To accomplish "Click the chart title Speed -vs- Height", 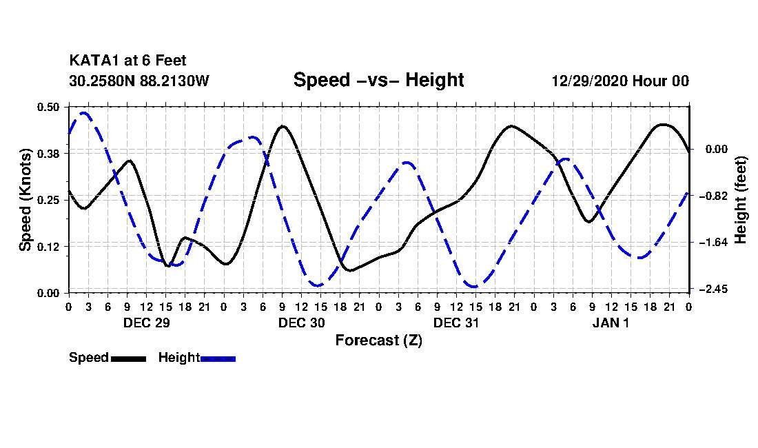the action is tap(378, 80).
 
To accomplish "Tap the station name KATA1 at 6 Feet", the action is tap(127, 61).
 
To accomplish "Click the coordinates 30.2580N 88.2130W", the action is tap(139, 81).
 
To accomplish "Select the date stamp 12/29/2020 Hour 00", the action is tap(620, 81).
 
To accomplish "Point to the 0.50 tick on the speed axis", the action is tap(48, 107).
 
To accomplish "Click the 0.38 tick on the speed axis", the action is tap(48, 154).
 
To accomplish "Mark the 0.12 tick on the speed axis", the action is tap(48, 247).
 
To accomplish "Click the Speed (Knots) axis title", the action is tap(25, 200).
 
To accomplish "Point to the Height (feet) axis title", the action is tap(740, 200).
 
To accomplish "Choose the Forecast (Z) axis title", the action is tap(379, 340).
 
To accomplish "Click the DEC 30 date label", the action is tap(302, 323).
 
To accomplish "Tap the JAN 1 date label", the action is tap(611, 323).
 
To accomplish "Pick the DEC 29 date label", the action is tap(147, 323).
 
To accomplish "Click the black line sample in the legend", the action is tap(129, 359).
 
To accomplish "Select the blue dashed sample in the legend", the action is tap(218, 359).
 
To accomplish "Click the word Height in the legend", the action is tap(179, 358).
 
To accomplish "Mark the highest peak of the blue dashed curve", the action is tap(83, 113).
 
